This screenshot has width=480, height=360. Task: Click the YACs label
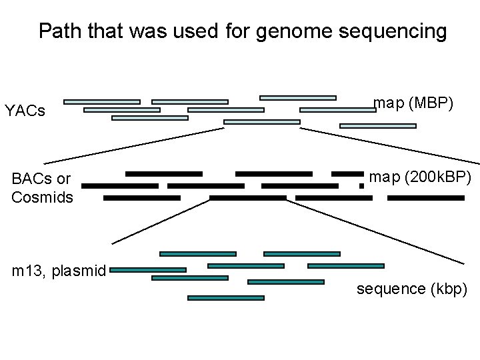tap(25, 111)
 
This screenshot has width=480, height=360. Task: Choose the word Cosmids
tap(42, 198)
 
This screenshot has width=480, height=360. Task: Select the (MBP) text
tap(432, 103)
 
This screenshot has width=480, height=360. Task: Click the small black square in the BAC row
tap(361, 186)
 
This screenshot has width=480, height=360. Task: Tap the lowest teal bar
tap(226, 298)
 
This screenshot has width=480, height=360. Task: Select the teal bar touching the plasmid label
tap(148, 270)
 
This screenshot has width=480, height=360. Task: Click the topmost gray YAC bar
tap(297, 97)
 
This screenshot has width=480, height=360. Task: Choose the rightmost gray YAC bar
tap(378, 125)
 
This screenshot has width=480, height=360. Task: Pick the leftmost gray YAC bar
tap(101, 102)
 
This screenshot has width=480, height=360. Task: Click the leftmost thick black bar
tap(120, 186)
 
